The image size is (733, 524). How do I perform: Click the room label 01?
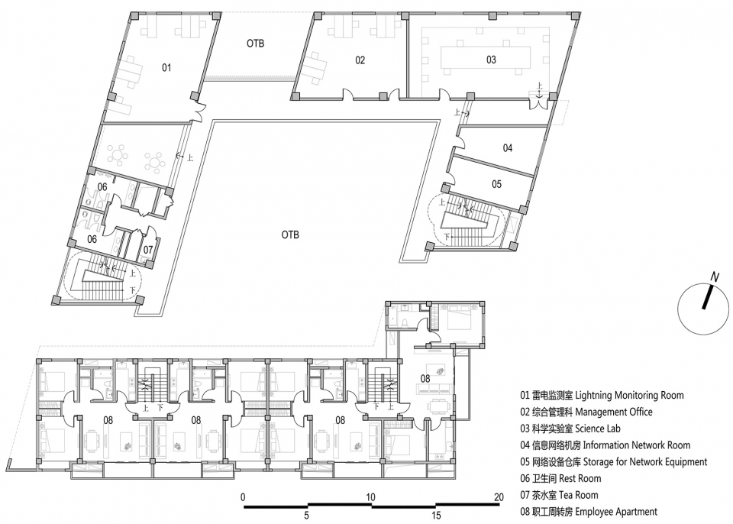pyautogui.click(x=166, y=68)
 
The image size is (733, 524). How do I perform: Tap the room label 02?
pyautogui.click(x=360, y=60)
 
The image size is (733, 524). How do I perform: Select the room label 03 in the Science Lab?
pyautogui.click(x=491, y=60)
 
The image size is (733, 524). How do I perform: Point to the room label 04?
pyautogui.click(x=508, y=148)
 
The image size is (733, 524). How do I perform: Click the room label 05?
pyautogui.click(x=496, y=184)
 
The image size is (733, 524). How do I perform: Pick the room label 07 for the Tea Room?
pyautogui.click(x=148, y=250)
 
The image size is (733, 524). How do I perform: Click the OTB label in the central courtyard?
pyautogui.click(x=290, y=235)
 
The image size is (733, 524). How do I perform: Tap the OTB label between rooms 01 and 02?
pyautogui.click(x=255, y=43)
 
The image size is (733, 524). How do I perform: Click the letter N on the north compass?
pyautogui.click(x=715, y=277)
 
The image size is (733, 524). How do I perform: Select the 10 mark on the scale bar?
pyautogui.click(x=370, y=497)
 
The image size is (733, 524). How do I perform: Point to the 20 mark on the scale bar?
pyautogui.click(x=499, y=497)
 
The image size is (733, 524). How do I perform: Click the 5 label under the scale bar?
pyautogui.click(x=307, y=516)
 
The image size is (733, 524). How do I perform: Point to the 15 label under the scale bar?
pyautogui.click(x=436, y=516)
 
